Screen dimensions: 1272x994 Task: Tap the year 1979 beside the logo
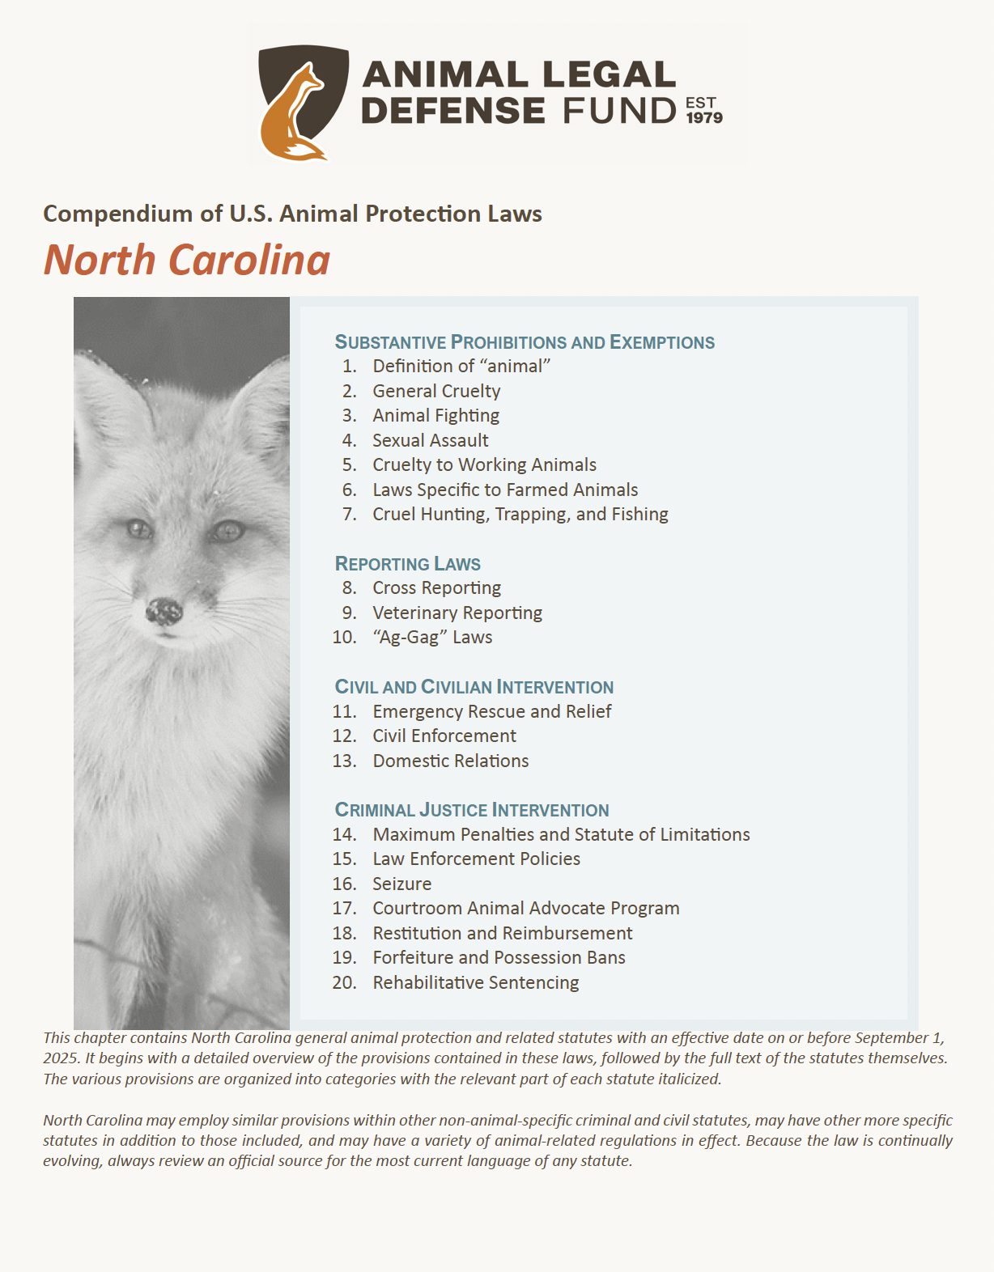tap(704, 118)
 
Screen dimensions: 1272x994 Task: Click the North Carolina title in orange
tap(187, 261)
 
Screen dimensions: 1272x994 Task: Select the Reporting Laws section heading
tap(407, 564)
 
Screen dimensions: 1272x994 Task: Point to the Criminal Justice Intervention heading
tap(471, 810)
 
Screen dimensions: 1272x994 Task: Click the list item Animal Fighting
tap(435, 416)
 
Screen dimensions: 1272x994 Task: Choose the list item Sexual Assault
tap(430, 440)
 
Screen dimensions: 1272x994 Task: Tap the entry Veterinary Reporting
tap(457, 613)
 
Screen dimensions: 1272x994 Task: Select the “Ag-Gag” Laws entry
tap(431, 638)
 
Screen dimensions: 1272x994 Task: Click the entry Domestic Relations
tap(450, 761)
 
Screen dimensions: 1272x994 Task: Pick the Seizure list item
tap(401, 884)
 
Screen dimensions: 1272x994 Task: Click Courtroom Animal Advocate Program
tap(525, 908)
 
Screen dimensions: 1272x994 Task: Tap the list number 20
tap(344, 982)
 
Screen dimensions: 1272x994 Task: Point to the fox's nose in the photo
tap(164, 611)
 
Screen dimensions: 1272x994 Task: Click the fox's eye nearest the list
tap(227, 531)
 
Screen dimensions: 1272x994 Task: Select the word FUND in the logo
tap(619, 111)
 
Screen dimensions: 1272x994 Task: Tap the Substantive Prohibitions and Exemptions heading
tap(525, 342)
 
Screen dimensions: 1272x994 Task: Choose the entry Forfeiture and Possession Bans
tap(499, 957)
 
